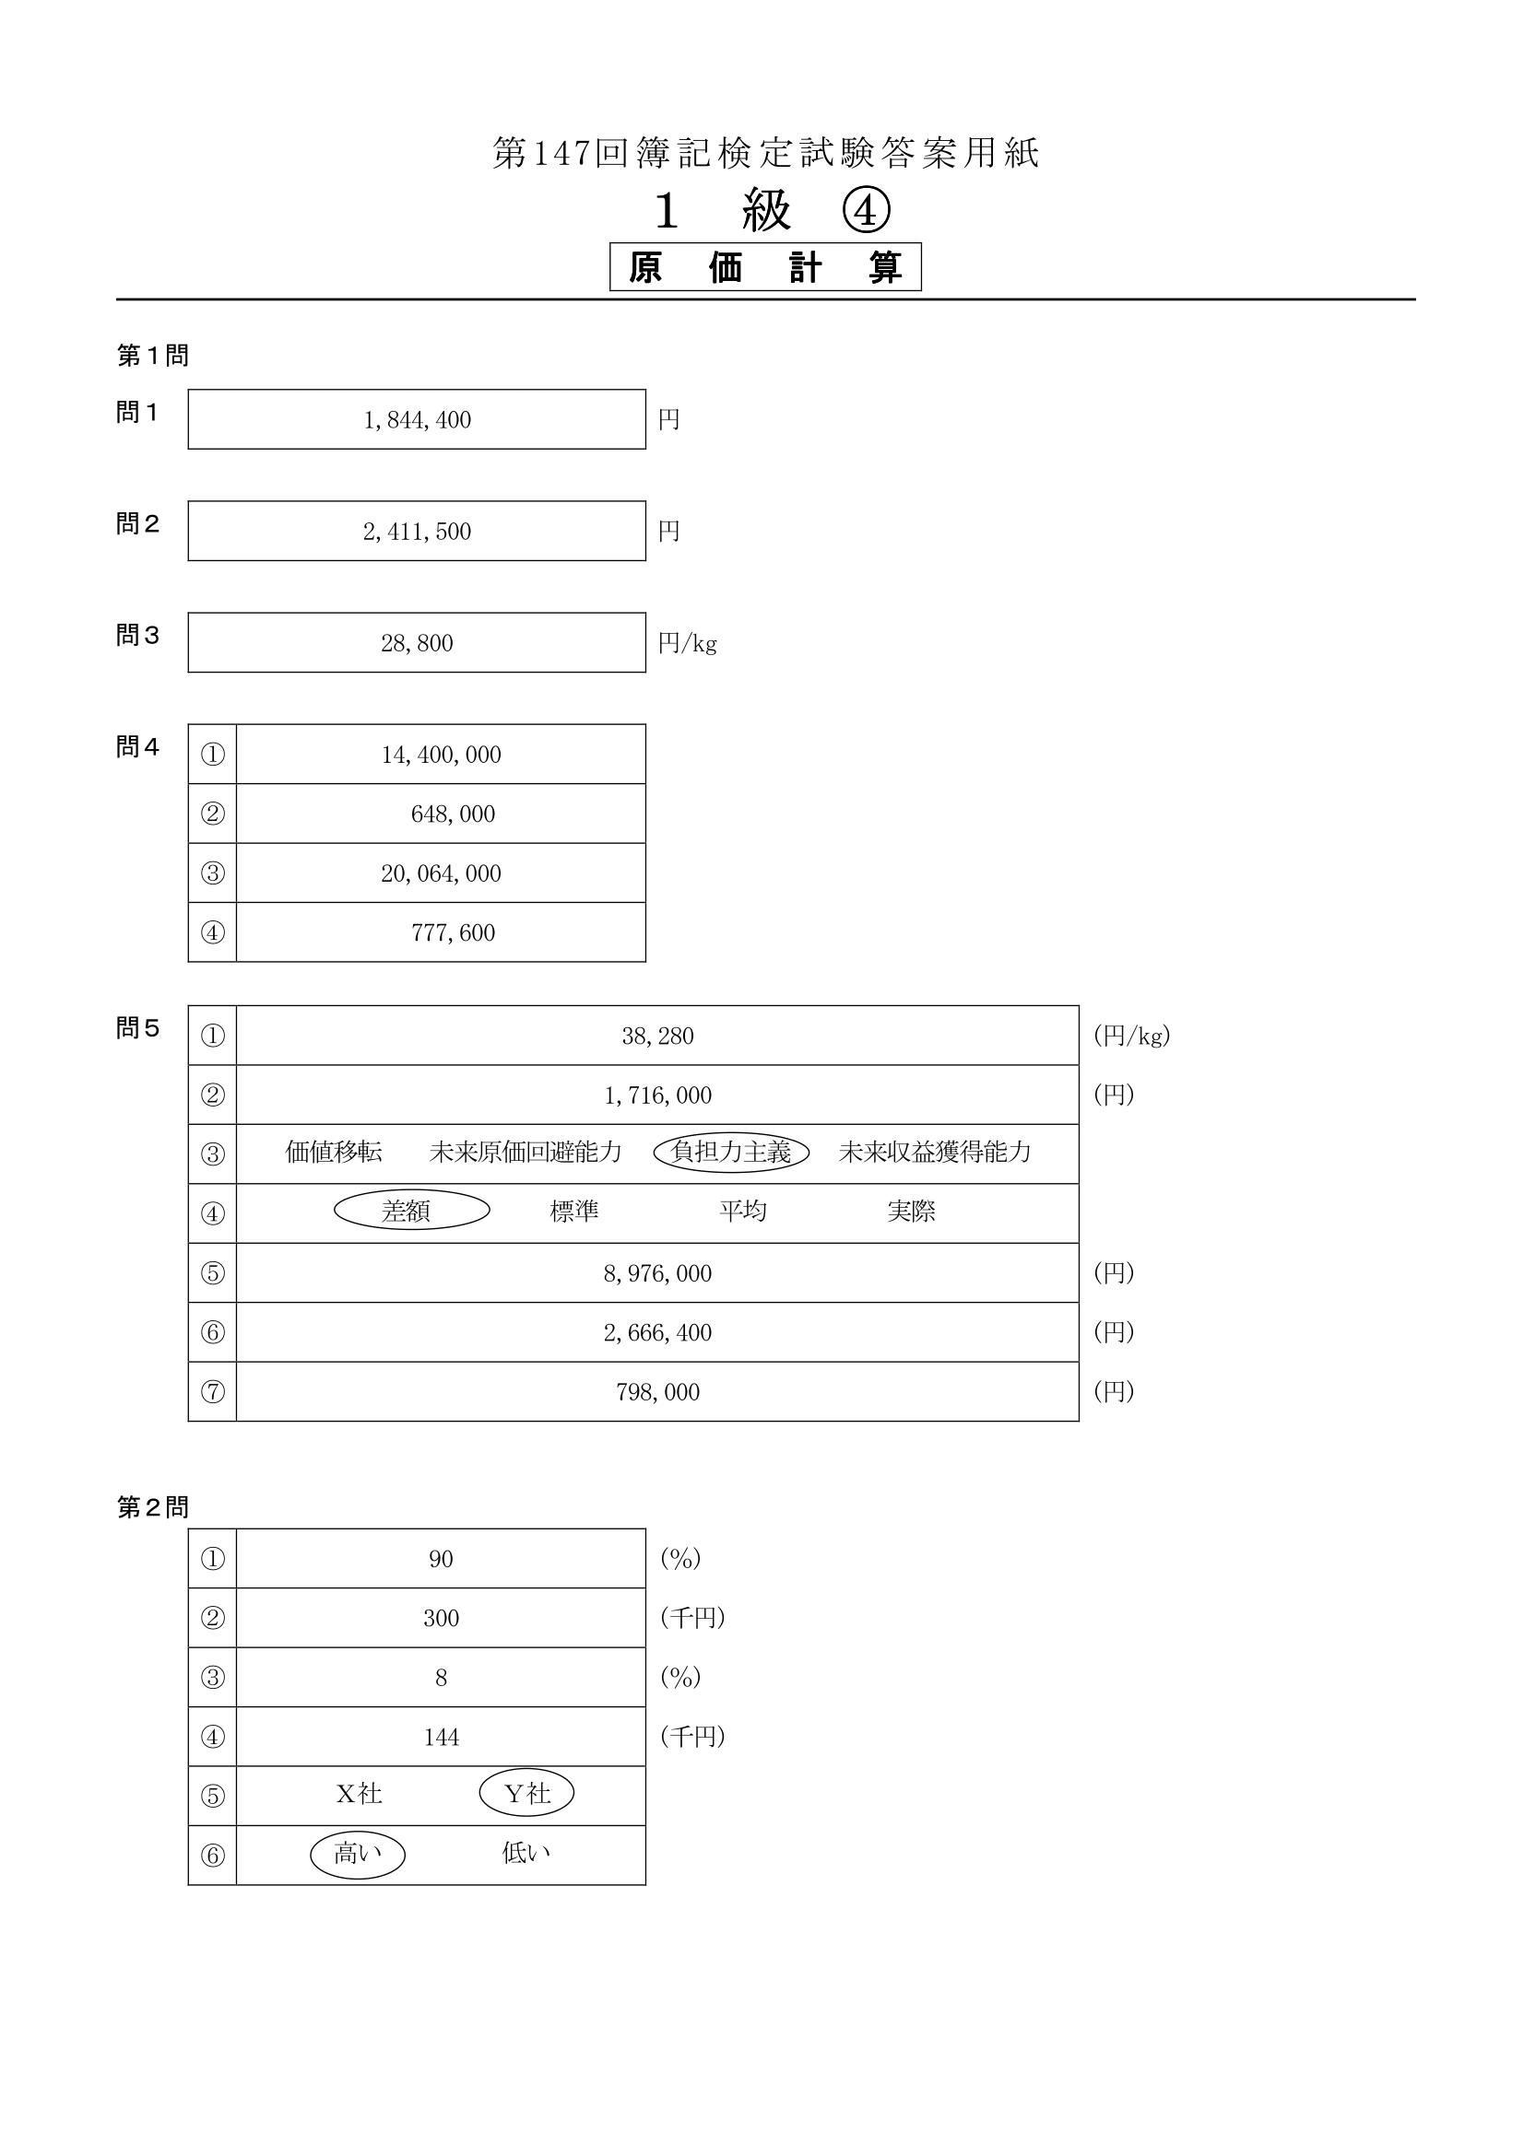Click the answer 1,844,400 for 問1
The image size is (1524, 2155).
417,419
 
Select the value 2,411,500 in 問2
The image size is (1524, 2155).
417,532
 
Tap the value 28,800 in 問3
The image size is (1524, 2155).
417,643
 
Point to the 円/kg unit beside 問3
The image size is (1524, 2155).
688,643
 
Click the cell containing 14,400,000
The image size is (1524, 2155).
441,754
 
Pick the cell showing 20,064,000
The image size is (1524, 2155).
441,873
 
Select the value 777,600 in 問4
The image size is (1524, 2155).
453,932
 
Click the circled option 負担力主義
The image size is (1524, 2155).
731,1152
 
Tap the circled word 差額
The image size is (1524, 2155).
412,1211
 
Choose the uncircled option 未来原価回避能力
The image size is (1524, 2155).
526,1152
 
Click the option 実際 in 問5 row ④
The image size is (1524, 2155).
911,1211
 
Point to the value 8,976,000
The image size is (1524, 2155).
657,1272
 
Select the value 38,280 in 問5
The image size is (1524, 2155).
657,1036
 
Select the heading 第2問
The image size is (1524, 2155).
153,1507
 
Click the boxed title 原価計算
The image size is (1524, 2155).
765,267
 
